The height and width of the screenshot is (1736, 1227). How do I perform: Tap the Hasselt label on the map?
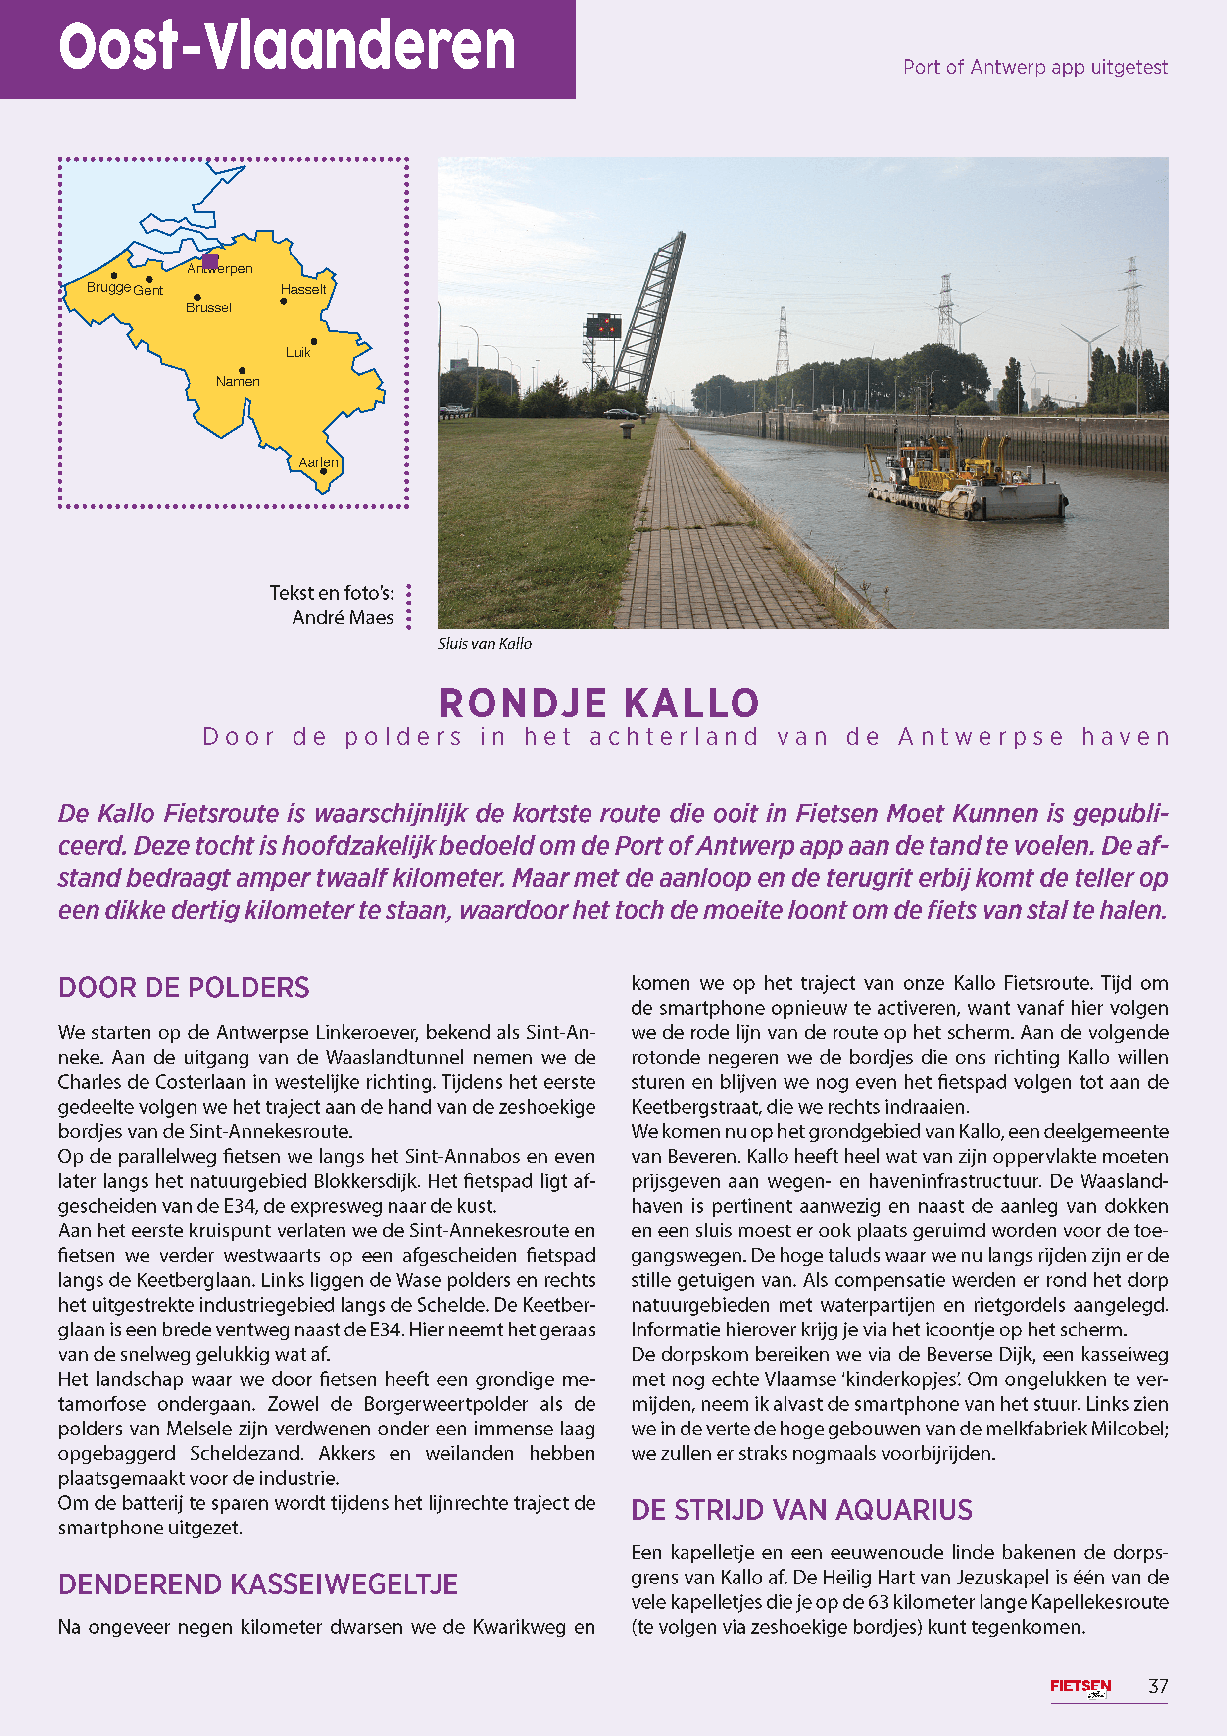click(x=303, y=290)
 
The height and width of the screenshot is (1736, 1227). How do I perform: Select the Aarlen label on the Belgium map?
click(x=318, y=462)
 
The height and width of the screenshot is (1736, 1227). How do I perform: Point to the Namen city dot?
click(x=242, y=370)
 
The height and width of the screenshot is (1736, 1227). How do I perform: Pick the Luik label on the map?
click(x=298, y=353)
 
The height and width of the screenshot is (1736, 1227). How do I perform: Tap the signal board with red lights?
click(x=602, y=327)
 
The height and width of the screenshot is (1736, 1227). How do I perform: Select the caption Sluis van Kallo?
click(x=485, y=643)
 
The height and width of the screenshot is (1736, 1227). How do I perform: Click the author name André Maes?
click(x=343, y=618)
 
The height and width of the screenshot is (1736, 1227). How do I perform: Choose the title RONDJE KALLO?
click(x=599, y=703)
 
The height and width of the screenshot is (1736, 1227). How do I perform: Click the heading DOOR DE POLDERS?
click(x=184, y=987)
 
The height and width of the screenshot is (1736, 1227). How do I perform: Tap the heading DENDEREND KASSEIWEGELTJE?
click(x=258, y=1583)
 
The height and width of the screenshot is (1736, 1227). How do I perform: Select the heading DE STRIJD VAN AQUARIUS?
click(x=801, y=1509)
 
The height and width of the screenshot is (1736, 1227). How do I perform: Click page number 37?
click(x=1157, y=1686)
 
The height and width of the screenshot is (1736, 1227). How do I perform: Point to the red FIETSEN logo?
click(x=1080, y=1687)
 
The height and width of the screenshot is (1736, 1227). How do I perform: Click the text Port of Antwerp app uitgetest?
click(x=1035, y=67)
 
